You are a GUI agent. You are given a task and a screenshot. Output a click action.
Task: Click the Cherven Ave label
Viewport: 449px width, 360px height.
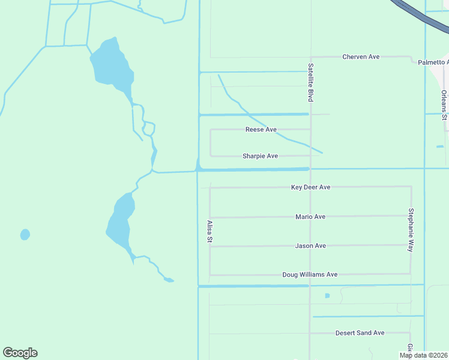coord(361,57)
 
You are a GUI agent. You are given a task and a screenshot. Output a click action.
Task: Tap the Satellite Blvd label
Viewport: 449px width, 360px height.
coord(311,82)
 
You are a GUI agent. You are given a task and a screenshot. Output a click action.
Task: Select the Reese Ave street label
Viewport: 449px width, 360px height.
coord(261,130)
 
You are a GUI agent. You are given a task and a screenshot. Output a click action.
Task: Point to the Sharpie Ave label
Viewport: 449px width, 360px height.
coord(260,156)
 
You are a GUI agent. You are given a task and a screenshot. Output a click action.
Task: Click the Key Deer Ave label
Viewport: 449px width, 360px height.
coord(310,187)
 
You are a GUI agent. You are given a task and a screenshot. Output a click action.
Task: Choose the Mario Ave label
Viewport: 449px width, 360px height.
coord(310,217)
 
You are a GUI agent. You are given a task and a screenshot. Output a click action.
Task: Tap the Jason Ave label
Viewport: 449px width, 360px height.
coord(310,246)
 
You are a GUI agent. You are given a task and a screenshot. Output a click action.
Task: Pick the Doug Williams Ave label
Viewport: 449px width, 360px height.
coord(310,275)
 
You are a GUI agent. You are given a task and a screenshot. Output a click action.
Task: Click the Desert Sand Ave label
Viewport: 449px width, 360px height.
coord(360,333)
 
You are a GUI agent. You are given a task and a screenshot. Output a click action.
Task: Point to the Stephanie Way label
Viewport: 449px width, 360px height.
coord(411,230)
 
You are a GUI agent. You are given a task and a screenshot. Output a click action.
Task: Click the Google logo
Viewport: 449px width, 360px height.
coord(20,353)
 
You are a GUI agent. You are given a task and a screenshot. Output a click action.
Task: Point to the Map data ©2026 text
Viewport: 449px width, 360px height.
coord(424,355)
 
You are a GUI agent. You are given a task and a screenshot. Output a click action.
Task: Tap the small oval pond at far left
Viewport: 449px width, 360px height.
coord(25,235)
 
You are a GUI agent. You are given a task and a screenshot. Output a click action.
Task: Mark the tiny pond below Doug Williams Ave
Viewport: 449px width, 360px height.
coord(327,296)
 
